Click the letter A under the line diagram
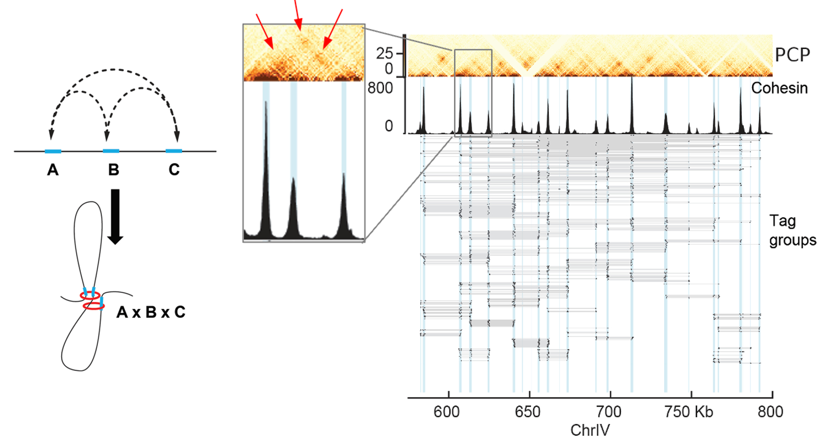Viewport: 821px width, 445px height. click(52, 170)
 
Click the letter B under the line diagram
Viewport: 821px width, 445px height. click(113, 170)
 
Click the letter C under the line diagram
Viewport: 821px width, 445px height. click(174, 170)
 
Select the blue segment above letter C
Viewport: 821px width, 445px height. click(174, 151)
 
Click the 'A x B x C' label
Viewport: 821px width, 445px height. click(151, 312)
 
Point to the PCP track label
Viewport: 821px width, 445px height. click(792, 55)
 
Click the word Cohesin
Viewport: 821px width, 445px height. click(779, 88)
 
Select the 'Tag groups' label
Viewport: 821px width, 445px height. click(792, 230)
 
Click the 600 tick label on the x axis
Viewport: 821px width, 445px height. click(446, 412)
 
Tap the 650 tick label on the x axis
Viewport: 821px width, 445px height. click(527, 412)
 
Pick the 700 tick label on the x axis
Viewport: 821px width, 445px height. click(608, 412)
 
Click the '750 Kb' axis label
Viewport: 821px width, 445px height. click(688, 412)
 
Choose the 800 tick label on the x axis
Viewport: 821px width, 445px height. click(770, 412)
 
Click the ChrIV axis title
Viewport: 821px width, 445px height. click(590, 430)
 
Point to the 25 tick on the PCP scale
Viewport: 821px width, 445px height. click(385, 53)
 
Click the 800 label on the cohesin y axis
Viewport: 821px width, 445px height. click(380, 88)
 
